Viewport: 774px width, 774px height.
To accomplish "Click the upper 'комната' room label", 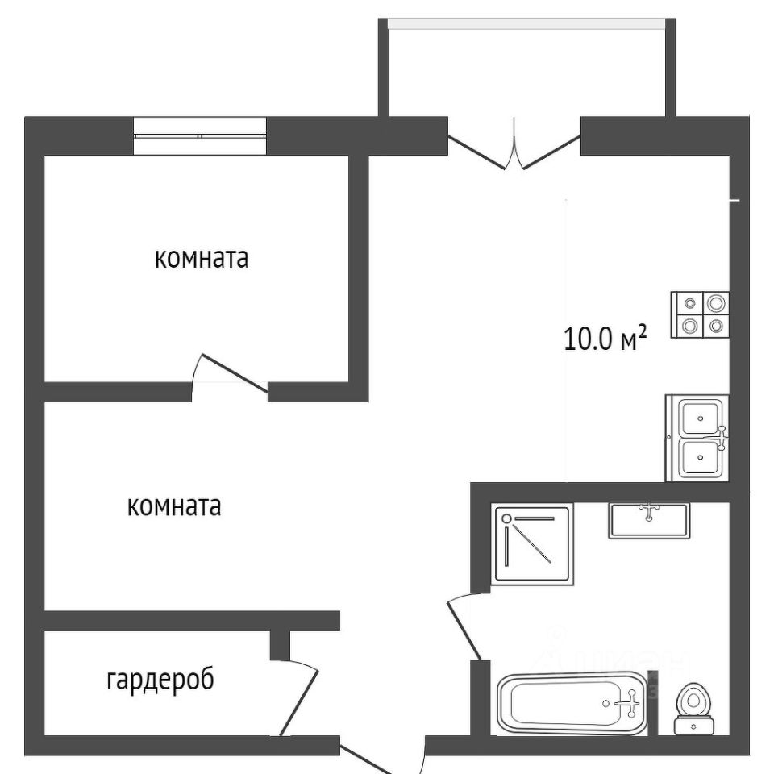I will coord(201,260).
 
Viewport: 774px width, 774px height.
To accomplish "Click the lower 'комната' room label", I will coord(174,506).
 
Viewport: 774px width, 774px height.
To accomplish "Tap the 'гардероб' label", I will coord(160,680).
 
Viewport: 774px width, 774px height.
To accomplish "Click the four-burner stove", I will coord(700,314).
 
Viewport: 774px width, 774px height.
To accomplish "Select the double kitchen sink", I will coord(697,438).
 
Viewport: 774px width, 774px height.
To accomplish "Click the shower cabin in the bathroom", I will coord(532,542).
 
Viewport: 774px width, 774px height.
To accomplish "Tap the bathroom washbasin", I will coord(649,520).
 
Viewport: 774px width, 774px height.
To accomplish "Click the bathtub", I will coord(572,704).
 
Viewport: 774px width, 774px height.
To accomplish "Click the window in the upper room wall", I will coord(199,135).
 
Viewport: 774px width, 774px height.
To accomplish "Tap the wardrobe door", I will coord(300,697).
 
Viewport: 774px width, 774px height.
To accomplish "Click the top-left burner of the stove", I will coord(690,303).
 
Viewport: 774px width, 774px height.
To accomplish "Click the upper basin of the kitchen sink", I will coord(699,418).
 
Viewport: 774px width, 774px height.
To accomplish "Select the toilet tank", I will coord(693,726).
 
